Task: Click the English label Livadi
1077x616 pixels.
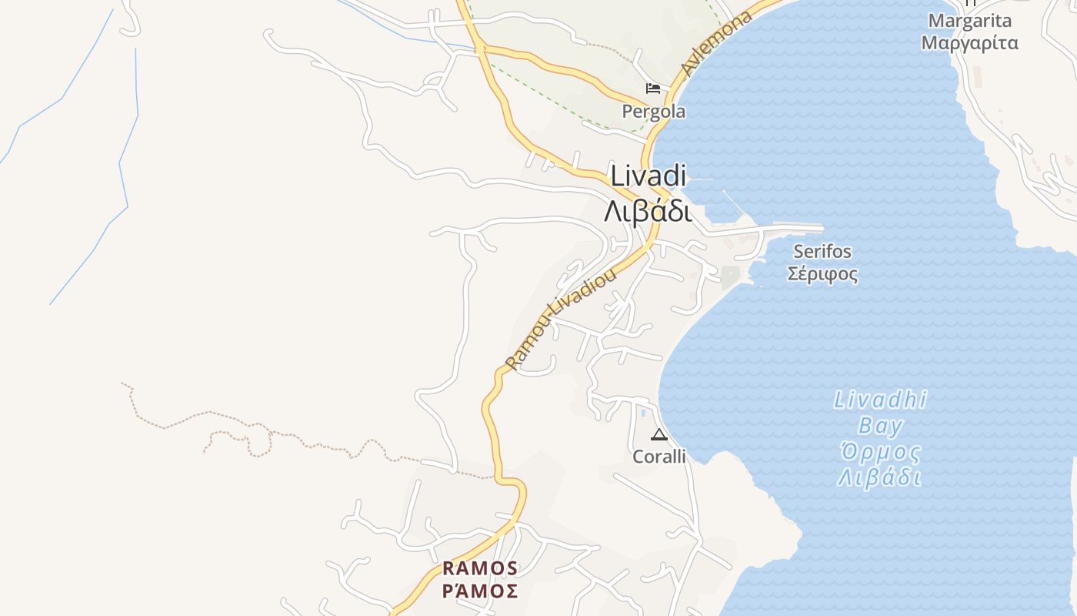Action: pos(648,176)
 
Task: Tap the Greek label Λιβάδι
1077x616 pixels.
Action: pos(648,209)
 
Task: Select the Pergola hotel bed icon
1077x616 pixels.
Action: pos(653,89)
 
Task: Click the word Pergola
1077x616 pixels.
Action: pos(653,112)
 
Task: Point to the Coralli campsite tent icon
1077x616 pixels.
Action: pos(659,434)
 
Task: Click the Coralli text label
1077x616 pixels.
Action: pos(659,457)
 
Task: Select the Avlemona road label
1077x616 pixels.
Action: pos(716,45)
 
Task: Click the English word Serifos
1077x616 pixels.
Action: pos(822,251)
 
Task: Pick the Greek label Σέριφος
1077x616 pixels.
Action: pos(822,273)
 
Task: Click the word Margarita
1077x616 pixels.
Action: pos(969,21)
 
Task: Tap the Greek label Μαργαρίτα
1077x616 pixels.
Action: pos(969,42)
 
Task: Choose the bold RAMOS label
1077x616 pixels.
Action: pos(480,568)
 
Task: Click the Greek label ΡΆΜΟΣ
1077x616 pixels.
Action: pos(480,591)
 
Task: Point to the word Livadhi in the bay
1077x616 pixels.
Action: pos(880,400)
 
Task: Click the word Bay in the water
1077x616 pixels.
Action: pos(880,426)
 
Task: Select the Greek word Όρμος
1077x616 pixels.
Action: pos(880,451)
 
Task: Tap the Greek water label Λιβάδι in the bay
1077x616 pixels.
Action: pos(880,477)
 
